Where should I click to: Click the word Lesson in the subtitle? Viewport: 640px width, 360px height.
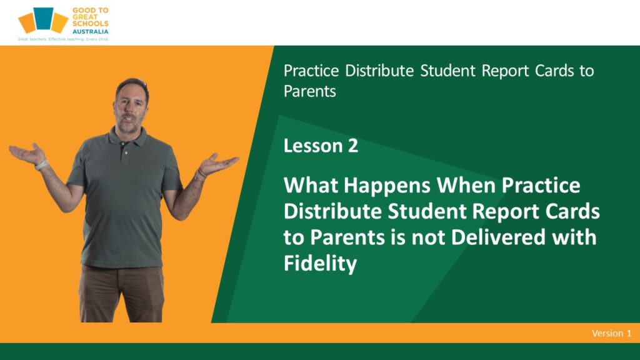313,146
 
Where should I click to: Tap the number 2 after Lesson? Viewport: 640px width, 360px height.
353,146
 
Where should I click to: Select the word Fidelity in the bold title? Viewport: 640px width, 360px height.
320,263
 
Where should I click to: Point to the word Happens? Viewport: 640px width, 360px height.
387,186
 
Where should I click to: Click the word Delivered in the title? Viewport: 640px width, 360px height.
498,237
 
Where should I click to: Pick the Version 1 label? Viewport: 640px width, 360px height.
611,333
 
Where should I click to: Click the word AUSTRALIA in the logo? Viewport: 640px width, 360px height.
90,31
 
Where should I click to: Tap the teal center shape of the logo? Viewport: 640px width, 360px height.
44,19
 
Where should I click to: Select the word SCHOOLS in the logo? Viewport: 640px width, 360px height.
90,24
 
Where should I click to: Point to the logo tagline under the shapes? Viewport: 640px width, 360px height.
63,39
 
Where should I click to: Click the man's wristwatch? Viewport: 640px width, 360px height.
41,164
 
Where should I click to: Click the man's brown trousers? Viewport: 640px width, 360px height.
122,293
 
